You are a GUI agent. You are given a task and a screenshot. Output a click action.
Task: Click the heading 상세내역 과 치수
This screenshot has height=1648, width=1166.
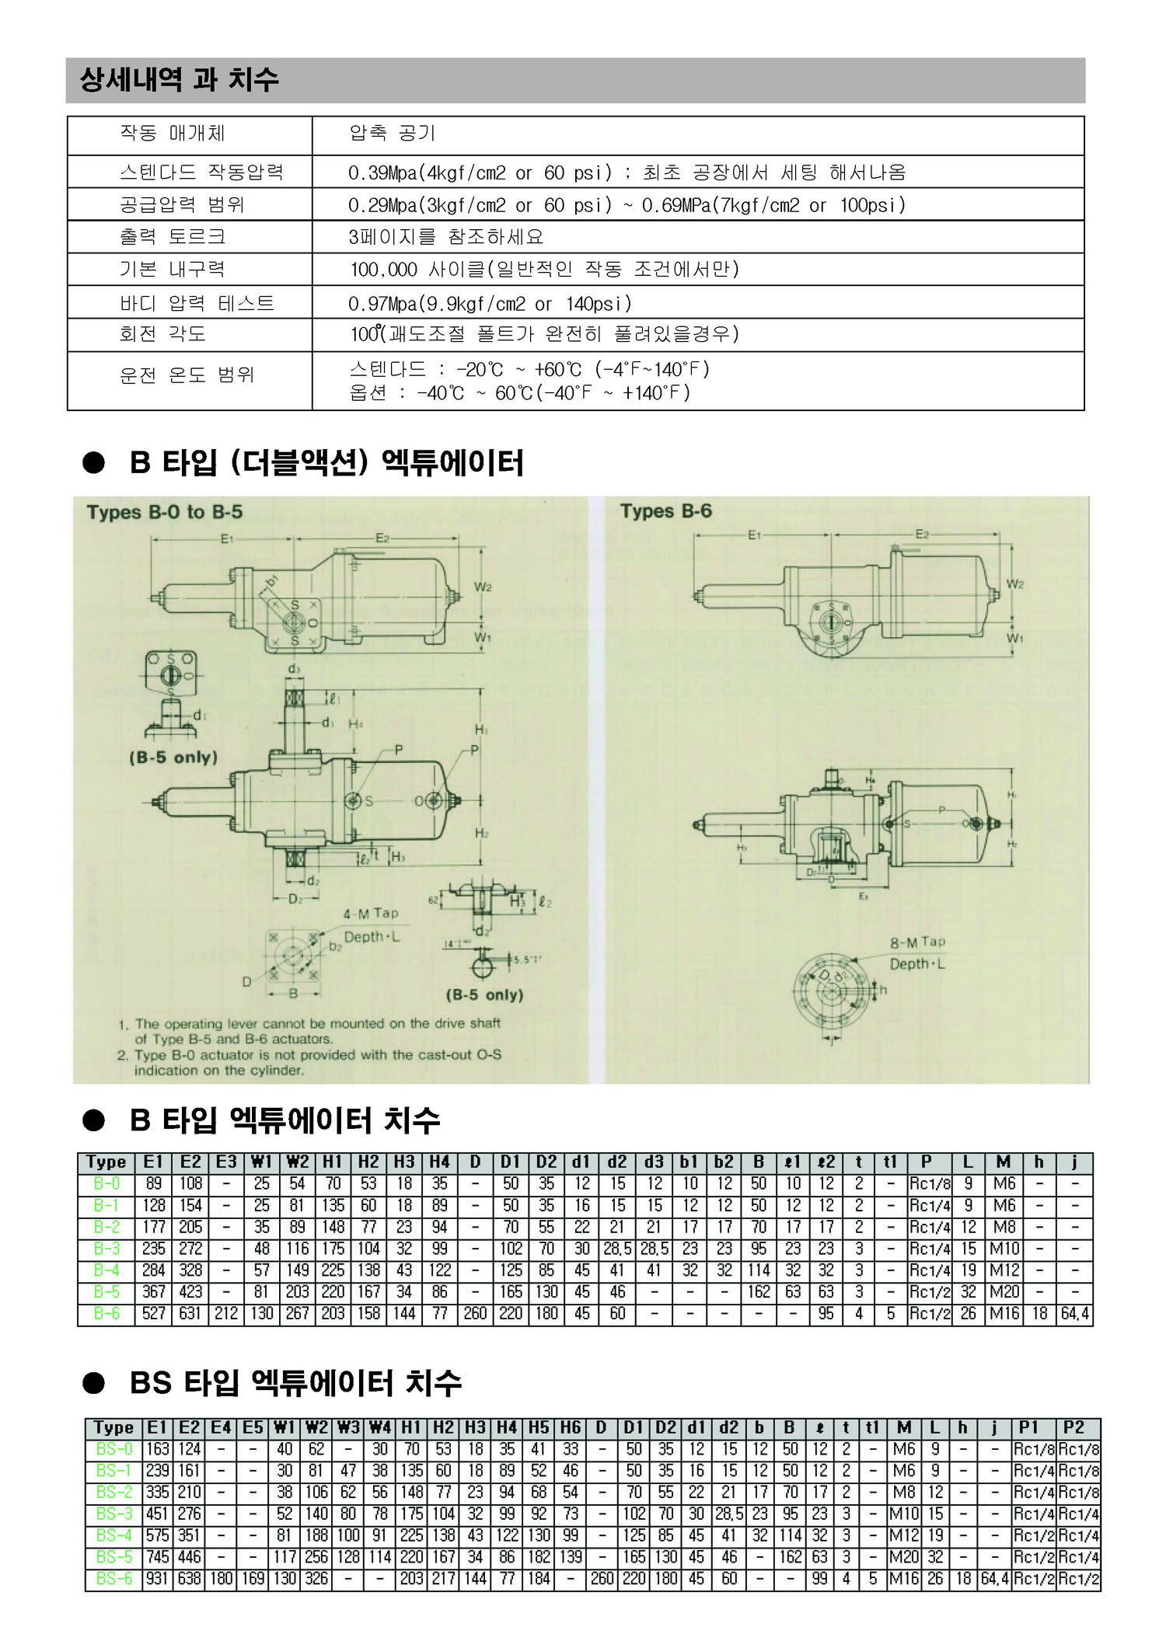pos(179,79)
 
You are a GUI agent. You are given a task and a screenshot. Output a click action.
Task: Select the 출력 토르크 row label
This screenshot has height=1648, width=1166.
pos(173,236)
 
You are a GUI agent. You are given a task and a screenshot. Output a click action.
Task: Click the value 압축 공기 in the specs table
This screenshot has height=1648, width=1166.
pos(392,134)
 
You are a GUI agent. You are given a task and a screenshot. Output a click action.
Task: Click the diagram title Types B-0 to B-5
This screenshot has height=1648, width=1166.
pos(165,513)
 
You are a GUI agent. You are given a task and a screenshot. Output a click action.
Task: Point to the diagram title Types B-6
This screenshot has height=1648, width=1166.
pos(665,511)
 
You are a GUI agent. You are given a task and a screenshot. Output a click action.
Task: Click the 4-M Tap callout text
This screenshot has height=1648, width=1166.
pos(371,914)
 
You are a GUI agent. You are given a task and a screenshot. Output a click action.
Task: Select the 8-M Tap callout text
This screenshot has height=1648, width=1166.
pos(917,942)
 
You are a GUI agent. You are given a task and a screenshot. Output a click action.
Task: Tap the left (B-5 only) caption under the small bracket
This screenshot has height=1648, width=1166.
pos(173,758)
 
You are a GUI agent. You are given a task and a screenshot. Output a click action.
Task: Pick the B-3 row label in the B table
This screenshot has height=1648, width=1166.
pos(106,1249)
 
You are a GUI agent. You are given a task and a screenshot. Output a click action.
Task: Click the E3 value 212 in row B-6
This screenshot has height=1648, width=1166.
pos(226,1314)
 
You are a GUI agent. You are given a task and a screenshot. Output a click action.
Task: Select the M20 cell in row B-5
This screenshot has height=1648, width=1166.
pos(1004,1292)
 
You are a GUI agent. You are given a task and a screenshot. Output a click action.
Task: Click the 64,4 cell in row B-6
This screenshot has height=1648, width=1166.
pos(1075,1314)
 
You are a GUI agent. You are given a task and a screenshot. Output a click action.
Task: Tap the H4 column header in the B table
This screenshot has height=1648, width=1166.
pos(440,1162)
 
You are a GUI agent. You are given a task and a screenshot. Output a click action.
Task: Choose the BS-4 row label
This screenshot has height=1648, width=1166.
pos(114,1535)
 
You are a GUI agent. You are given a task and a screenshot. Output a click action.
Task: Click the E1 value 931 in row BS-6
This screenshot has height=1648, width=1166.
pos(157,1579)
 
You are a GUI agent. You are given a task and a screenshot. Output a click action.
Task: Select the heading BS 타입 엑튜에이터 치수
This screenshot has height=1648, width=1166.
pos(295,1382)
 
